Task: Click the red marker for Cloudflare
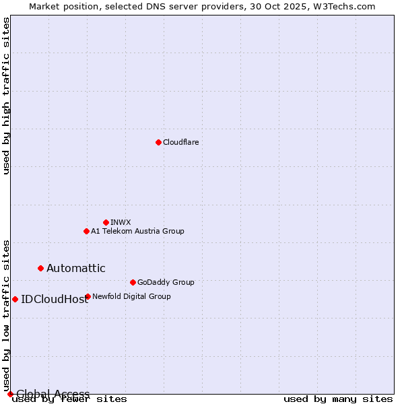pyautogui.click(x=158, y=142)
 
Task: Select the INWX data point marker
pyautogui.click(x=106, y=222)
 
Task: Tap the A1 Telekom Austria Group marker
pyautogui.click(x=86, y=231)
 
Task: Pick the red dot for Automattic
pyautogui.click(x=40, y=268)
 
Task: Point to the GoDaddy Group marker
pyautogui.click(x=133, y=282)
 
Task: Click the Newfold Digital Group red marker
pyautogui.click(x=88, y=296)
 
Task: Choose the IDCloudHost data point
pyautogui.click(x=15, y=299)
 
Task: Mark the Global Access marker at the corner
pyautogui.click(x=10, y=394)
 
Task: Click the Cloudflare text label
pyautogui.click(x=180, y=142)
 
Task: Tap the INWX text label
pyautogui.click(x=121, y=222)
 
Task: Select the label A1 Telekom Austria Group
pyautogui.click(x=137, y=231)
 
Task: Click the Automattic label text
pyautogui.click(x=75, y=268)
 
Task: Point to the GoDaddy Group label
pyautogui.click(x=166, y=282)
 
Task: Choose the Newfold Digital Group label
pyautogui.click(x=131, y=296)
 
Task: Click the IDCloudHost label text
pyautogui.click(x=55, y=300)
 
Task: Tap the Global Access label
pyautogui.click(x=53, y=394)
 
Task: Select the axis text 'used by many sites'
pyautogui.click(x=338, y=399)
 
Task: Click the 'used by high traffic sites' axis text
pyautogui.click(x=7, y=96)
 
